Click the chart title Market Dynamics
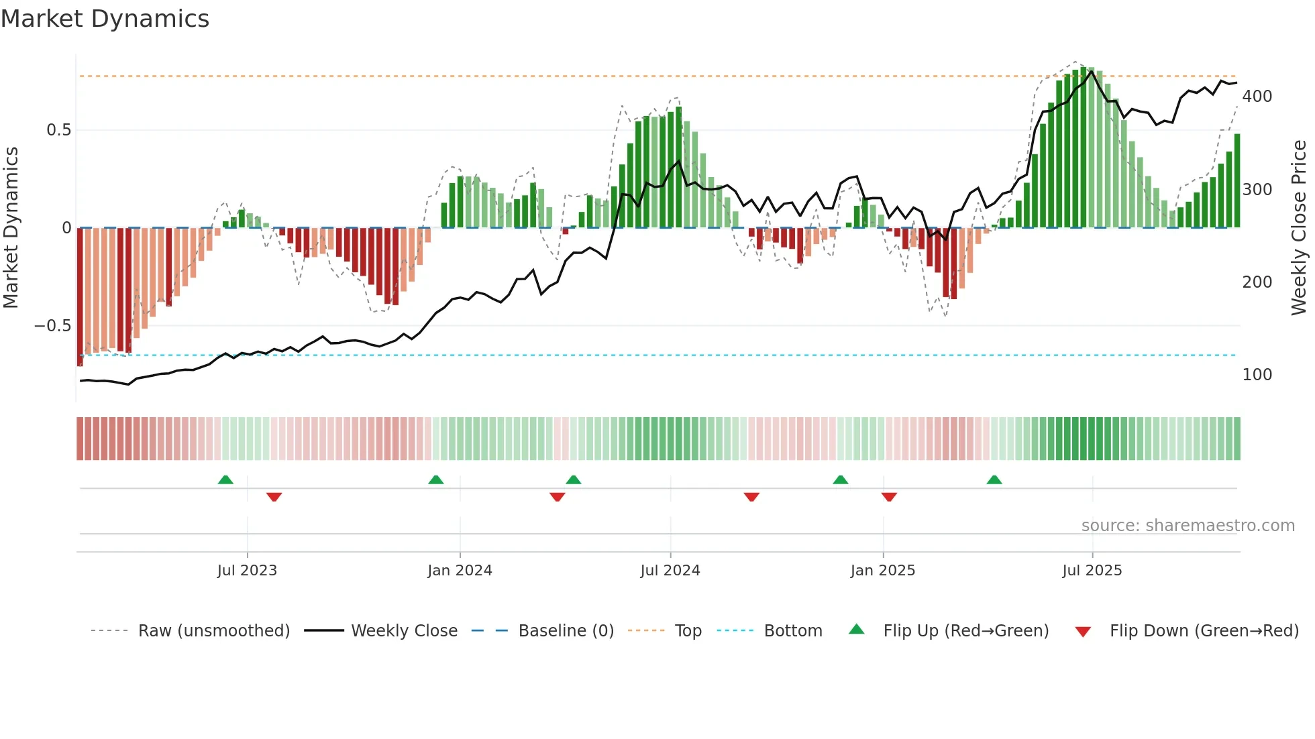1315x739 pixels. click(105, 19)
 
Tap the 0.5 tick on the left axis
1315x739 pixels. click(58, 130)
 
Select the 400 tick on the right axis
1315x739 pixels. click(1257, 97)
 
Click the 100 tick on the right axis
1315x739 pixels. click(1257, 375)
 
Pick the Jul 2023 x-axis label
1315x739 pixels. click(247, 571)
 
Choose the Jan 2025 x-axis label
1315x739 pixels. click(882, 571)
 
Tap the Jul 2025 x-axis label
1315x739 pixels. click(1092, 571)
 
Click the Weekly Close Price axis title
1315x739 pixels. click(1299, 228)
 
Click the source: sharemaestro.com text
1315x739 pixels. click(1188, 526)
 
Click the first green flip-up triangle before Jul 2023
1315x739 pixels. click(225, 480)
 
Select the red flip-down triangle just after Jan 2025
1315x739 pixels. click(889, 497)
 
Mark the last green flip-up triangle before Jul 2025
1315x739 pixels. click(994, 480)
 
